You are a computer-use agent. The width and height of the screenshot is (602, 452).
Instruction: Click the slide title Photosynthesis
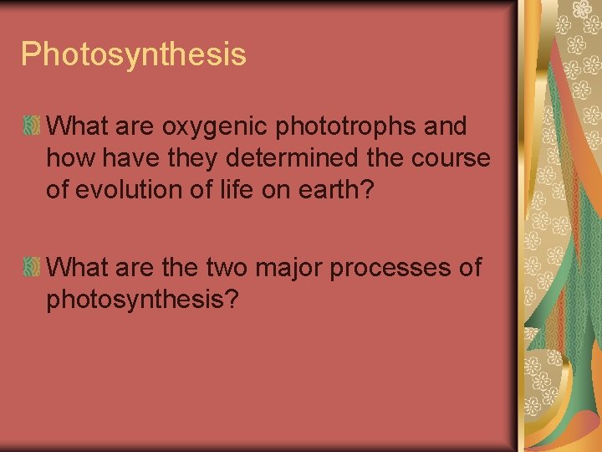[x=134, y=54]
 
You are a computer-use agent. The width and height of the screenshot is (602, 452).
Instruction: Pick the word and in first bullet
[x=446, y=127]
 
